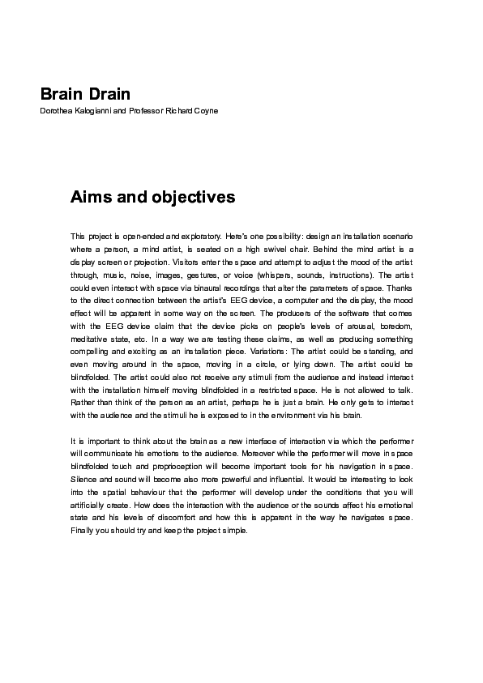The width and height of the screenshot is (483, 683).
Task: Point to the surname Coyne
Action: point(203,110)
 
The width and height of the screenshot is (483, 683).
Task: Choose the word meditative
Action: point(92,336)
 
